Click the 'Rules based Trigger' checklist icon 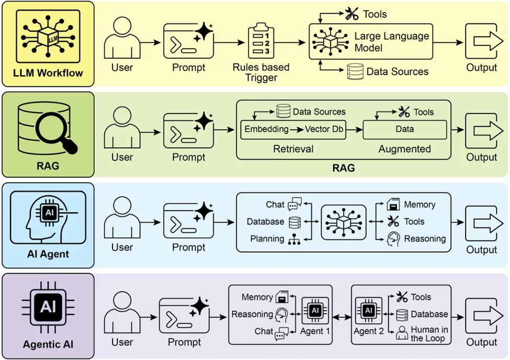[261, 42]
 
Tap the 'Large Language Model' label [391, 42]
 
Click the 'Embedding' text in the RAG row [266, 129]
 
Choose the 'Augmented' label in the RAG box [404, 149]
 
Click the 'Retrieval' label [293, 149]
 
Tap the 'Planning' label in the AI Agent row [267, 239]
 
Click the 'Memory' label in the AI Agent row [420, 205]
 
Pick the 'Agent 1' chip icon [314, 310]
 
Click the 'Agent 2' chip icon [369, 310]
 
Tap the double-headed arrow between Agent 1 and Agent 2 [342, 317]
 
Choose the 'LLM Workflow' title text [48, 73]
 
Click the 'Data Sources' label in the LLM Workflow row [397, 72]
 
